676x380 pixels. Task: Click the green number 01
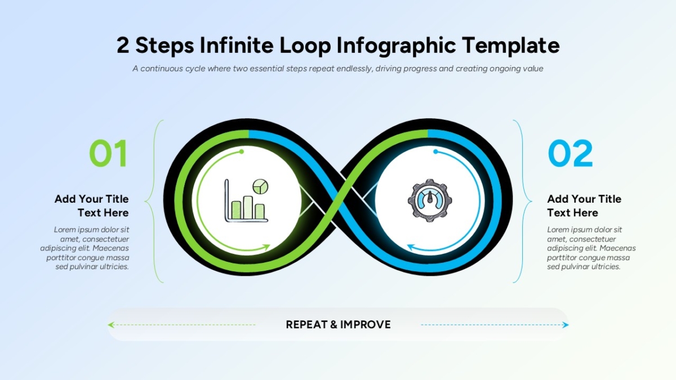[108, 153]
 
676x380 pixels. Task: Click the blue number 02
[570, 153]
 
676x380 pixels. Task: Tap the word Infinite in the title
[236, 45]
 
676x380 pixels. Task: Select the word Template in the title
[511, 46]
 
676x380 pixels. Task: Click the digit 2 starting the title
[123, 46]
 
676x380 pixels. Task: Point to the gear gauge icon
[430, 200]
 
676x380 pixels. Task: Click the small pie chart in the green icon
[260, 187]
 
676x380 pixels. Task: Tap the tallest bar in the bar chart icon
[248, 208]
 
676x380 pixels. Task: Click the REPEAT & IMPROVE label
[338, 324]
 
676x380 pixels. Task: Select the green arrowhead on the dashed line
[111, 325]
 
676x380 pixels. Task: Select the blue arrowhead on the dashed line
[565, 325]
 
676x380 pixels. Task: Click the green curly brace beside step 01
[154, 201]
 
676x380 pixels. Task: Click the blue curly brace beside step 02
[522, 201]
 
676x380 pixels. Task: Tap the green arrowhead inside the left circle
[266, 247]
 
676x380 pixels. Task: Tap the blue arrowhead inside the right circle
[412, 247]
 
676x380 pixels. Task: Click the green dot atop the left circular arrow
[242, 151]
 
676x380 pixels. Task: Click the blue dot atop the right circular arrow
[435, 151]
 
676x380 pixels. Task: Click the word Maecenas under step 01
[110, 248]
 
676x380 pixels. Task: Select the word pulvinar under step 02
[577, 267]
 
